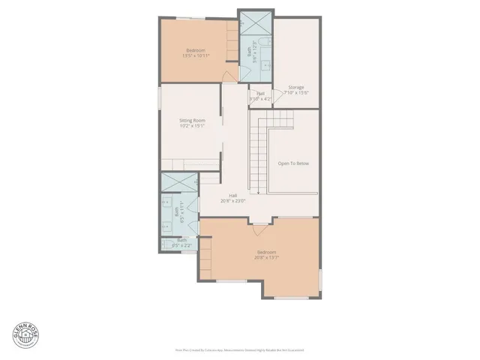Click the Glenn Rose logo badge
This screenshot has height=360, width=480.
[23, 334]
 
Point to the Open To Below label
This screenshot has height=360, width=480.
[293, 163]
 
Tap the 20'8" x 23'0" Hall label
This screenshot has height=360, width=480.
[233, 199]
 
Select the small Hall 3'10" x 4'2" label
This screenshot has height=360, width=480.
[259, 96]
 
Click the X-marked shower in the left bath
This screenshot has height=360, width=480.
[178, 183]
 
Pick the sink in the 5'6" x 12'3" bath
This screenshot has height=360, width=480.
[264, 64]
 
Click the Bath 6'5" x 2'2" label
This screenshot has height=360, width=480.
[182, 243]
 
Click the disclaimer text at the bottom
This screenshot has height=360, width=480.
[239, 349]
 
